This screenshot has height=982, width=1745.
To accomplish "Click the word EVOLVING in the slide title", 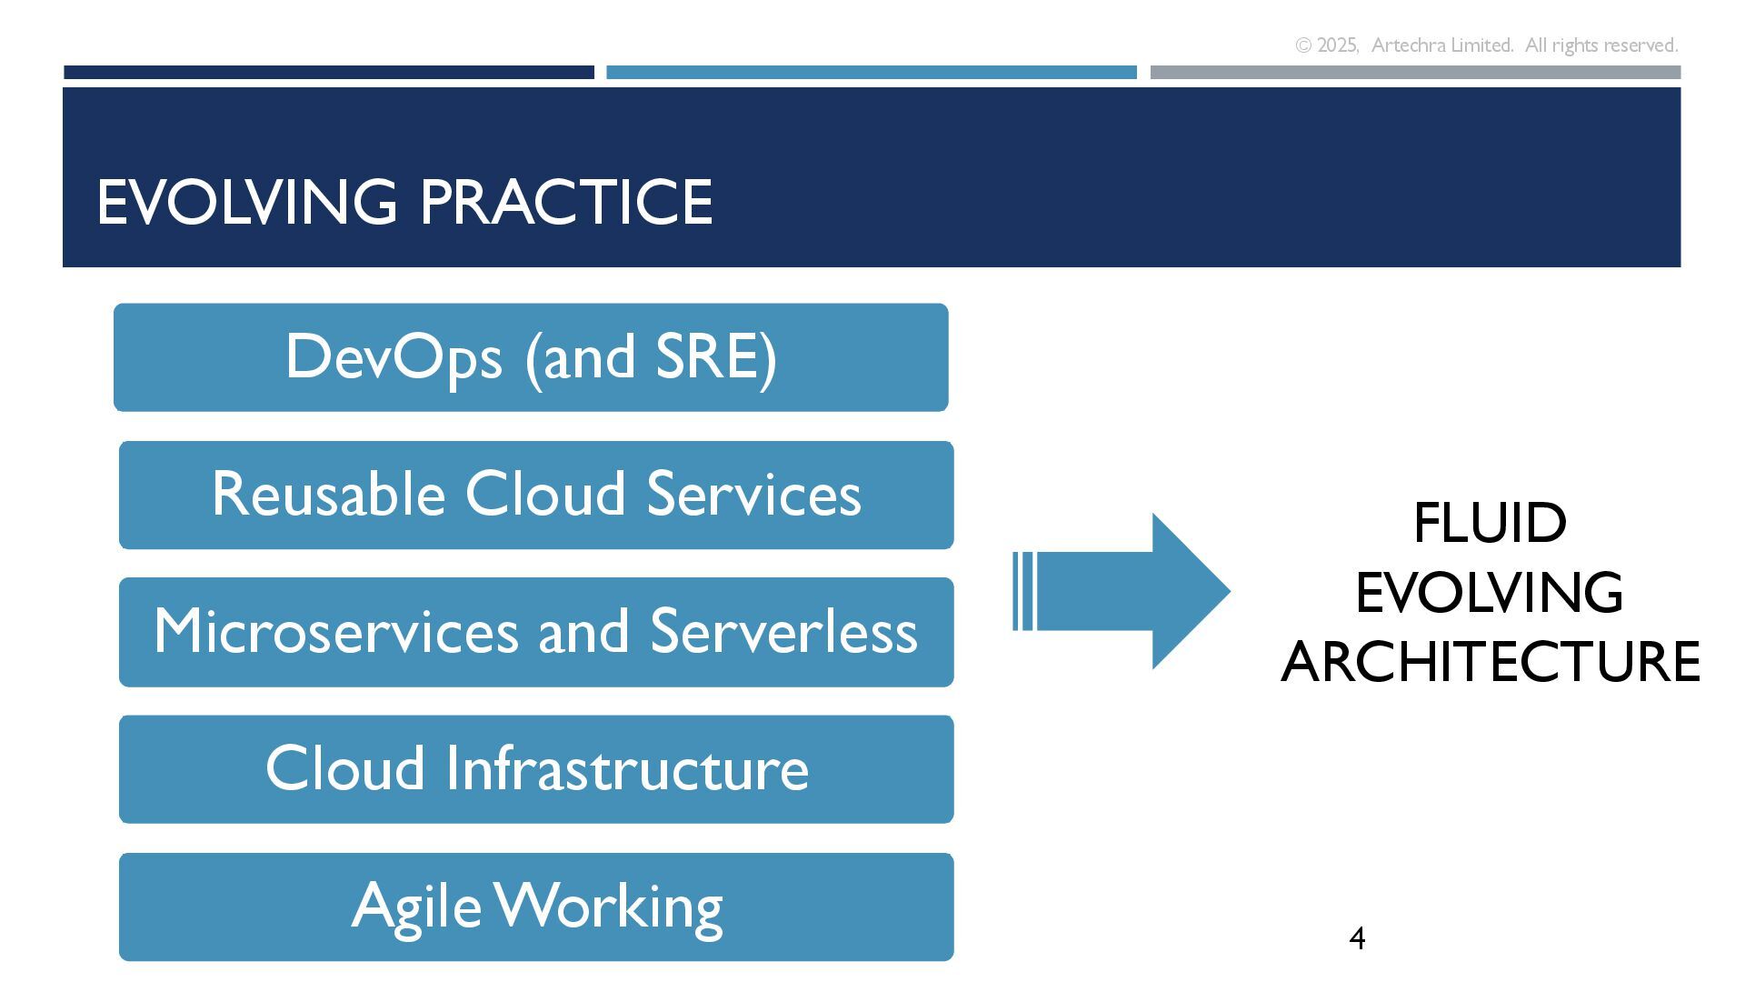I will coord(246,202).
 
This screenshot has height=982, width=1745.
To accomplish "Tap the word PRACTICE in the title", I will coord(566,202).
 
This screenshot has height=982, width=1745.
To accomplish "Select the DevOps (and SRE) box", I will coord(531,357).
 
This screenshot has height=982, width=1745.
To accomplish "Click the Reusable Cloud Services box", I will coord(536,495).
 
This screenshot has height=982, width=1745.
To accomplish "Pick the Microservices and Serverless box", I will coord(536,632).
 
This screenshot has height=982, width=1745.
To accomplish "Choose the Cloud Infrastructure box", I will coord(536,769).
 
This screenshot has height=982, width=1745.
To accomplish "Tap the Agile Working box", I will coord(536,907).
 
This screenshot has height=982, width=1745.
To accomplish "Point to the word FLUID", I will coord(1490,524).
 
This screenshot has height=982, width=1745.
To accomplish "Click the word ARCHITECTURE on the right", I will coord(1490,662).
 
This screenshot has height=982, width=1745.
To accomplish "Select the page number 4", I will coord(1357,937).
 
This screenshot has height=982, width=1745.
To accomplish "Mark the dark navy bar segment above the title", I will coord(328,72).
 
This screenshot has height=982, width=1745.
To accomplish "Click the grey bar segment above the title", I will coord(1415,72).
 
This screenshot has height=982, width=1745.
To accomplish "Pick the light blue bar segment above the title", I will coord(871,72).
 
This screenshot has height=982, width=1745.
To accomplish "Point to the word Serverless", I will coord(783,632).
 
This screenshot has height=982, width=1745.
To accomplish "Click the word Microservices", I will coord(335,632).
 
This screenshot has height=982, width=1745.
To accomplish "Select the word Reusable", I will coord(328,495).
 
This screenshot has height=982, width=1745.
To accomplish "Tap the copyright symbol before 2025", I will coord(1303,45).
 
